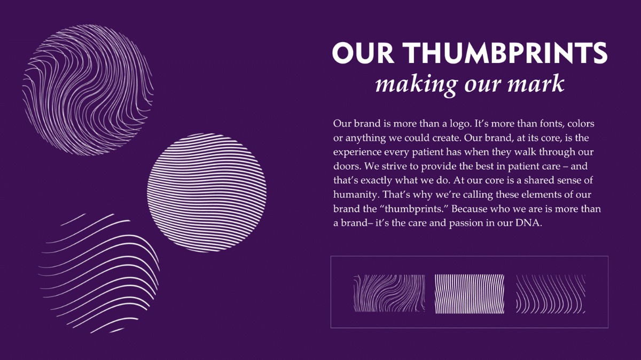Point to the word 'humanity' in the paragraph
[357, 195]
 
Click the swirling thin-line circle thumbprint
[88, 90]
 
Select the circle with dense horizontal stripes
[207, 193]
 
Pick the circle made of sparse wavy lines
[99, 274]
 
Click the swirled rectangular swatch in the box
[389, 293]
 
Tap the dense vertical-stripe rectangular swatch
[470, 294]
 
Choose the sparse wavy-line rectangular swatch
[551, 294]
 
